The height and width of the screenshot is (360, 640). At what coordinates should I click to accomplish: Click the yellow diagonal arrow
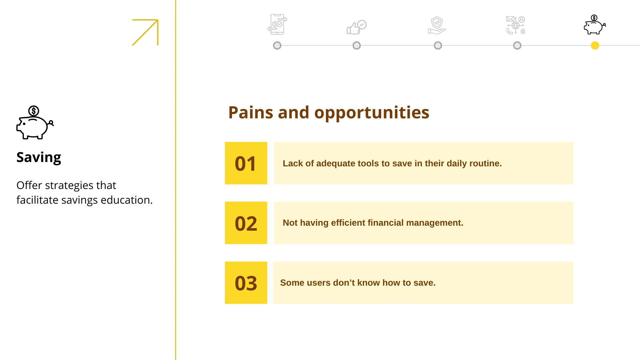(145, 32)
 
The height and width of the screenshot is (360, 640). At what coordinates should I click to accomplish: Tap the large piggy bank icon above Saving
(35, 122)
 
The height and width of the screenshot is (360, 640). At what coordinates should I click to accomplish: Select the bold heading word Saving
(39, 158)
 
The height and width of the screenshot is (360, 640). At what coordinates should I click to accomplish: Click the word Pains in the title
(251, 112)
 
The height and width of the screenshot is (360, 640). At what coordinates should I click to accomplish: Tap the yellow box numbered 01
(246, 163)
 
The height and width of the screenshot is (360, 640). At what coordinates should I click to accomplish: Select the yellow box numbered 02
(246, 223)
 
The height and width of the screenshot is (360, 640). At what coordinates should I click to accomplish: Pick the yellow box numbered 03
(246, 283)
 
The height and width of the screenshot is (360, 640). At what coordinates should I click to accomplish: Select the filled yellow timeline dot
(595, 45)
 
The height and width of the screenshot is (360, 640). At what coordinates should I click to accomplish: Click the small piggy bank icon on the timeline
(595, 25)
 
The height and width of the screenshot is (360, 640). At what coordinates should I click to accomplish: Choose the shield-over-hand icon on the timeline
(437, 25)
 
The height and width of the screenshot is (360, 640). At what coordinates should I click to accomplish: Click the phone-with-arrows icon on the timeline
(277, 24)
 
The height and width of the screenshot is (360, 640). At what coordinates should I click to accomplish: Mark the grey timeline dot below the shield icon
(438, 45)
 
